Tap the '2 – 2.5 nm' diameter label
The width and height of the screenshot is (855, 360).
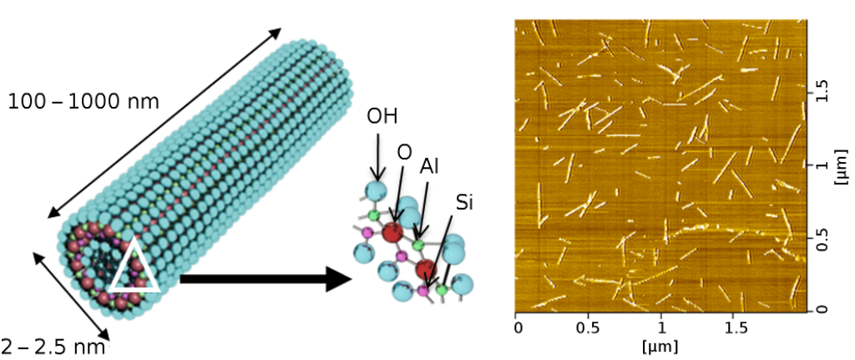point(53,346)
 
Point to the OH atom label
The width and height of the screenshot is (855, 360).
point(382,115)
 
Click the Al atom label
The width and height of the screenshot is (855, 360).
point(431,165)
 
